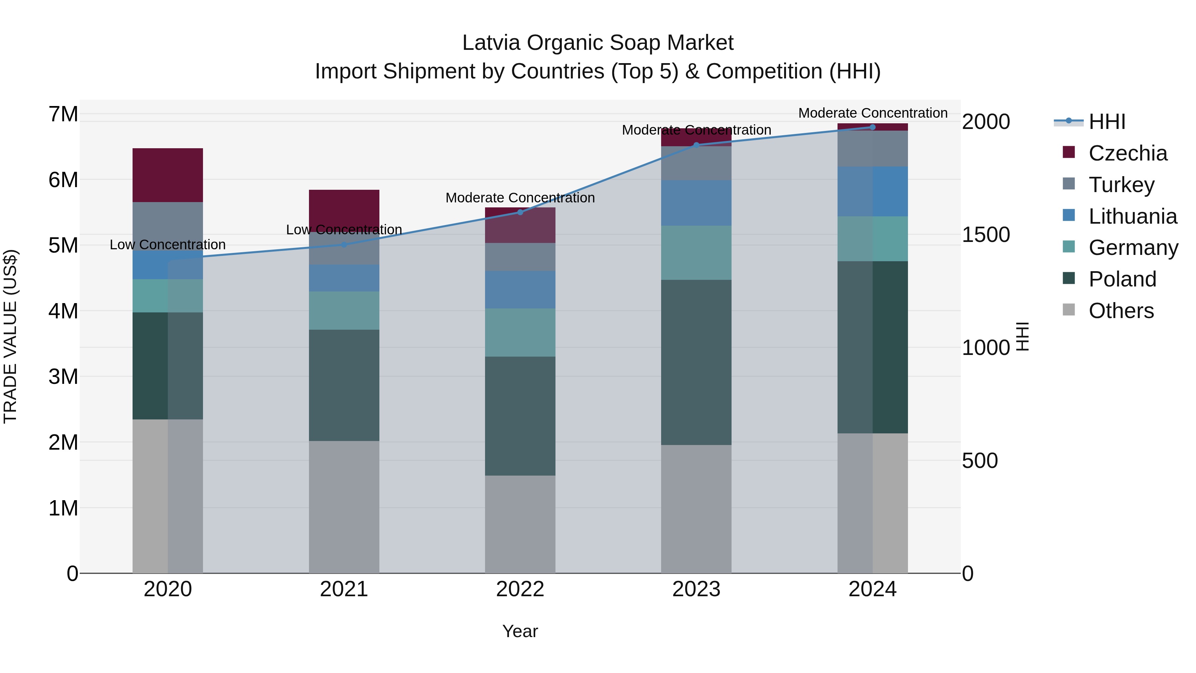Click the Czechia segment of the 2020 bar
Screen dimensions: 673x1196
pyautogui.click(x=168, y=175)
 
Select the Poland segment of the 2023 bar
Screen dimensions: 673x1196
pyautogui.click(x=696, y=362)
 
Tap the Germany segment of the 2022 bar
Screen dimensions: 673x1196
pyautogui.click(x=520, y=333)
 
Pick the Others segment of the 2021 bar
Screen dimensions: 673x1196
pyautogui.click(x=344, y=507)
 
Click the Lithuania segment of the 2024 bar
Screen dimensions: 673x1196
pyautogui.click(x=872, y=191)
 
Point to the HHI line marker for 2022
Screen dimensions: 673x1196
pyautogui.click(x=520, y=212)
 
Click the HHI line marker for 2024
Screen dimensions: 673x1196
pyautogui.click(x=872, y=127)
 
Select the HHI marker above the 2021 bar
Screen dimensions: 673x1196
pyautogui.click(x=344, y=245)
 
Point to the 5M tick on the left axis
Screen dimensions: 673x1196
pyautogui.click(x=63, y=245)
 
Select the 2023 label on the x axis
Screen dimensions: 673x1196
pyautogui.click(x=696, y=589)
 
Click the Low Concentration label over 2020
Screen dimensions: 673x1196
pyautogui.click(x=168, y=245)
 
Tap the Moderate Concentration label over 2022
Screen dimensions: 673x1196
pyautogui.click(x=520, y=198)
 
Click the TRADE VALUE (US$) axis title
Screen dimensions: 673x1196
pyautogui.click(x=10, y=336)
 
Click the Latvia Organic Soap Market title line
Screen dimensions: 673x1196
pyautogui.click(x=598, y=43)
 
